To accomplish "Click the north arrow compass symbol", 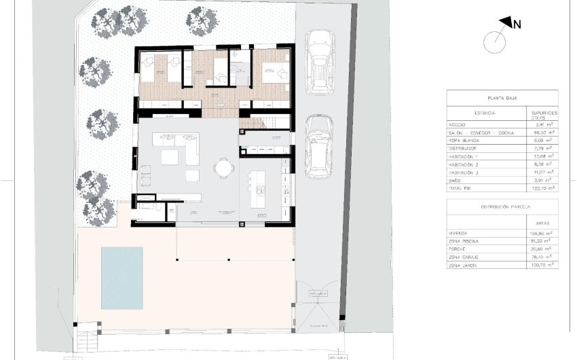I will point(496,40).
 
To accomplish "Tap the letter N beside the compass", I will point(517,24).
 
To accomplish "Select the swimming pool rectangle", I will point(122,276).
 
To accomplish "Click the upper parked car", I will point(320,63).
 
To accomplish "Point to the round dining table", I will point(223,167).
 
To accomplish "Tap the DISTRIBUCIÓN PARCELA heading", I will point(502,206).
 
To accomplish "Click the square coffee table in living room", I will point(170,157).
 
